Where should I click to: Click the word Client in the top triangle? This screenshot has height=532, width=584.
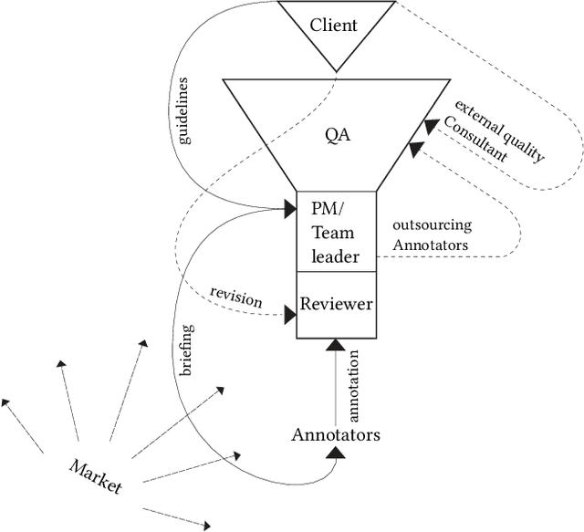point(334,25)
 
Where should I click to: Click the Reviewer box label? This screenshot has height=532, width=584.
point(336,304)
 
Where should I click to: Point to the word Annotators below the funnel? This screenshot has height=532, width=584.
point(335,434)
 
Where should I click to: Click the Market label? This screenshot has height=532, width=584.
point(95,475)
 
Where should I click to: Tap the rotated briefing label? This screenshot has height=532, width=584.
point(186,350)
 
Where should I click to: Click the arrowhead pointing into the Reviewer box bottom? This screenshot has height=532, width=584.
point(335,346)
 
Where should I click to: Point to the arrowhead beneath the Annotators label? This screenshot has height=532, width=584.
point(335,452)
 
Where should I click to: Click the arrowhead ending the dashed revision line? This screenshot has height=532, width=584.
point(290,315)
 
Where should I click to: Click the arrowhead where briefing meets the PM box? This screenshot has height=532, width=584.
point(290,211)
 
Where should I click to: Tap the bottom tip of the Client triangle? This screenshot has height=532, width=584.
point(336,71)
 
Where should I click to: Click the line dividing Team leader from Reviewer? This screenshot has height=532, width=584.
point(336,271)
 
